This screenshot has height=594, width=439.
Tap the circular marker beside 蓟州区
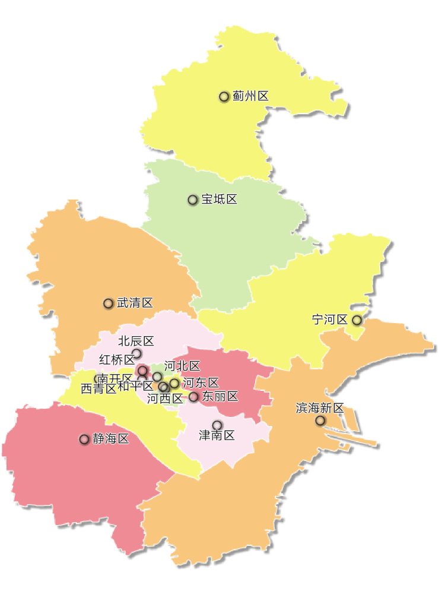pos(224,97)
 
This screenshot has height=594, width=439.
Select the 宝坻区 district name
pos(220,200)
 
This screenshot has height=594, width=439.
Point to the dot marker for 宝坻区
pos(193,200)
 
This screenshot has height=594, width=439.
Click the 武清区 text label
pos(135,303)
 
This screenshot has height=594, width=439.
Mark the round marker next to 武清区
pos(109,304)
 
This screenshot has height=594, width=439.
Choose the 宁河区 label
pos(330,320)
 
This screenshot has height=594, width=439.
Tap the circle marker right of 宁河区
pos(357,320)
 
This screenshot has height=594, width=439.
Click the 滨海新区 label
pos(320,408)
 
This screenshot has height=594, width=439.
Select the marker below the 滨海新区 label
pos(320,421)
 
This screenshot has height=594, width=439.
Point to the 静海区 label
pos(111,439)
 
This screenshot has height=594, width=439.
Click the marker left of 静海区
pos(84,440)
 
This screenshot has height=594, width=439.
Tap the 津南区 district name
pos(217,436)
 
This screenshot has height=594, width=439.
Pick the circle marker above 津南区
pos(217,425)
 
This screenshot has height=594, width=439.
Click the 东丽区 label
pos(220,396)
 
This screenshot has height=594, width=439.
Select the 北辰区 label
pos(136,341)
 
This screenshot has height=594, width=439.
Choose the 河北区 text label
pos(182,366)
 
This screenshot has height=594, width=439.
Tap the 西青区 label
pos(98,389)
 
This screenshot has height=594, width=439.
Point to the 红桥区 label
pos(117,359)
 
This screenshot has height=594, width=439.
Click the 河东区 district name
pos(201,383)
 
